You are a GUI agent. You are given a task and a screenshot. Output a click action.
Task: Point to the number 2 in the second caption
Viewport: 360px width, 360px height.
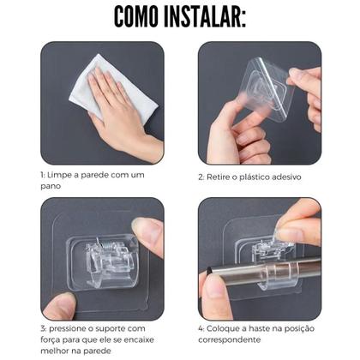pyautogui.click(x=200, y=177)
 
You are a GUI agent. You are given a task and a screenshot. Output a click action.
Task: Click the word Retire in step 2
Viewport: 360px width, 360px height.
pyautogui.click(x=219, y=177)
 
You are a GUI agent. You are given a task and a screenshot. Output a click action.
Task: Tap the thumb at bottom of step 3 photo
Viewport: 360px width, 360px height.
pyautogui.click(x=60, y=304)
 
